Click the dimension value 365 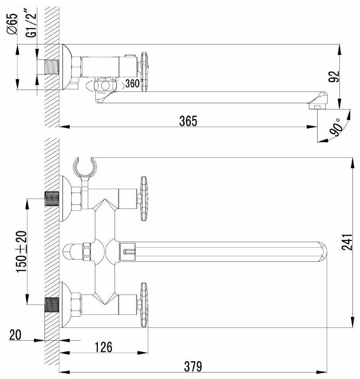click(x=188, y=121)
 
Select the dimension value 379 click(x=193, y=366)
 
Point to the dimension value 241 click(x=347, y=242)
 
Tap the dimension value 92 click(x=334, y=77)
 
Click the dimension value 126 click(x=103, y=347)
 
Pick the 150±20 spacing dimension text click(x=21, y=252)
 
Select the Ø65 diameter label click(x=12, y=24)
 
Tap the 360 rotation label click(x=132, y=84)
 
